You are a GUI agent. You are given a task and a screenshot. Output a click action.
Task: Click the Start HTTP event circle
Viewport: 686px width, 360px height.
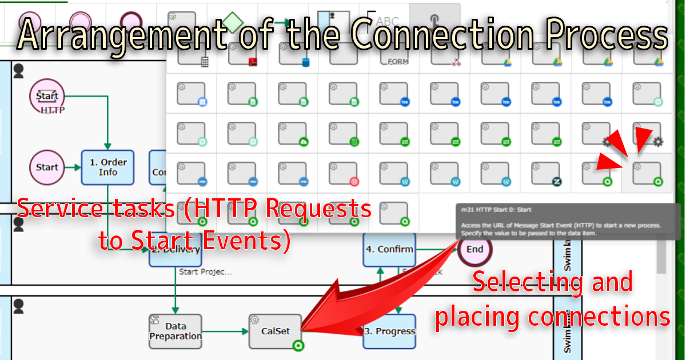click(x=47, y=96)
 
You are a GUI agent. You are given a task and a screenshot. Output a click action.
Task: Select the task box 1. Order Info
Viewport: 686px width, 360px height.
click(x=107, y=167)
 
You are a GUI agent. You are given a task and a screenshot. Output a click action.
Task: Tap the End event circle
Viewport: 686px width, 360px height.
click(x=474, y=249)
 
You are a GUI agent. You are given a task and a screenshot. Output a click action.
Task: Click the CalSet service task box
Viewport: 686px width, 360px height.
click(x=275, y=331)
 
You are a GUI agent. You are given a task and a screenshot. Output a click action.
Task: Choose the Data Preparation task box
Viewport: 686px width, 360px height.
click(x=176, y=331)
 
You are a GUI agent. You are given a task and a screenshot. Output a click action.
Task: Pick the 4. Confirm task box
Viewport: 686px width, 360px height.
click(x=389, y=249)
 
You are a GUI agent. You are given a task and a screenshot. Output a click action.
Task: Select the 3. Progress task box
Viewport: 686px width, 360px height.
click(x=389, y=331)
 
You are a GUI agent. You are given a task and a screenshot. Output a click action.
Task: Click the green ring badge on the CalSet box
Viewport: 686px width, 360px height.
click(x=297, y=346)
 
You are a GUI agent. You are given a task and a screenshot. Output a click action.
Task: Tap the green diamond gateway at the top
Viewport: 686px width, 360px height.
click(x=233, y=23)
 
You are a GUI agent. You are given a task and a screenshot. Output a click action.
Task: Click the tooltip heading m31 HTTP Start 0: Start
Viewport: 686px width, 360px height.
click(x=500, y=210)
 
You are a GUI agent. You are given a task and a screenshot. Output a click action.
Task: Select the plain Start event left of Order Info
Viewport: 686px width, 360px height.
click(x=47, y=167)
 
